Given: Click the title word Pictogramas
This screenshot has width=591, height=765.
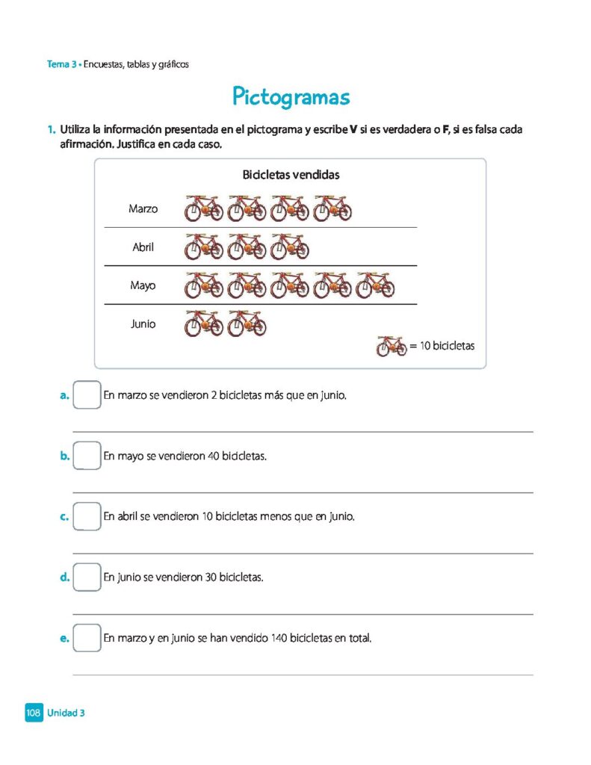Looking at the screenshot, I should point(291,97).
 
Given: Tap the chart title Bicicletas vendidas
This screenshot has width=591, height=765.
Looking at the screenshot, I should point(291,175).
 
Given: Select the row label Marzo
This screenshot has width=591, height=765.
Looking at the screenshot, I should point(143,209).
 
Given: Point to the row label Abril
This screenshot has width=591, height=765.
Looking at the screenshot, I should point(143,247).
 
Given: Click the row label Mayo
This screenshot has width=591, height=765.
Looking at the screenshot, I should point(143,285).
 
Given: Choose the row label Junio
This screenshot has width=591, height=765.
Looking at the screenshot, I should point(143,324).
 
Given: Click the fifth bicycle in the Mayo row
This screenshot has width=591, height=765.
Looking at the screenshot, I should point(375,285).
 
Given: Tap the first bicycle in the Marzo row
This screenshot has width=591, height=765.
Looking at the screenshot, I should point(204,208).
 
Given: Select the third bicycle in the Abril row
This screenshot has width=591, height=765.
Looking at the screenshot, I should point(290,247).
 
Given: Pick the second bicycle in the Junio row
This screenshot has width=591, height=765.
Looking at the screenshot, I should point(247,323).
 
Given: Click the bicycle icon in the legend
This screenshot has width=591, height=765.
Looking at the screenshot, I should point(392,346).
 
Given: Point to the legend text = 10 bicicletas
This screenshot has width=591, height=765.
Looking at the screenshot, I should point(442,347).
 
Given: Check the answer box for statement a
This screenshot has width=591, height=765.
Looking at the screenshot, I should point(87,394).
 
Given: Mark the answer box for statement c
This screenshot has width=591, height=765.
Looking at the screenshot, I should point(87,516).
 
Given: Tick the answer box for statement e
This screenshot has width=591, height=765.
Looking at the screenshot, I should point(87,638).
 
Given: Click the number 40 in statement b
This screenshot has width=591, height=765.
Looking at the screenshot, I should point(214,456).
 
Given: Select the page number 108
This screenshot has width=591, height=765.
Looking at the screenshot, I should point(33,713).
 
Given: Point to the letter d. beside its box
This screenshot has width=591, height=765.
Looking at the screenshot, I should point(65,577).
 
